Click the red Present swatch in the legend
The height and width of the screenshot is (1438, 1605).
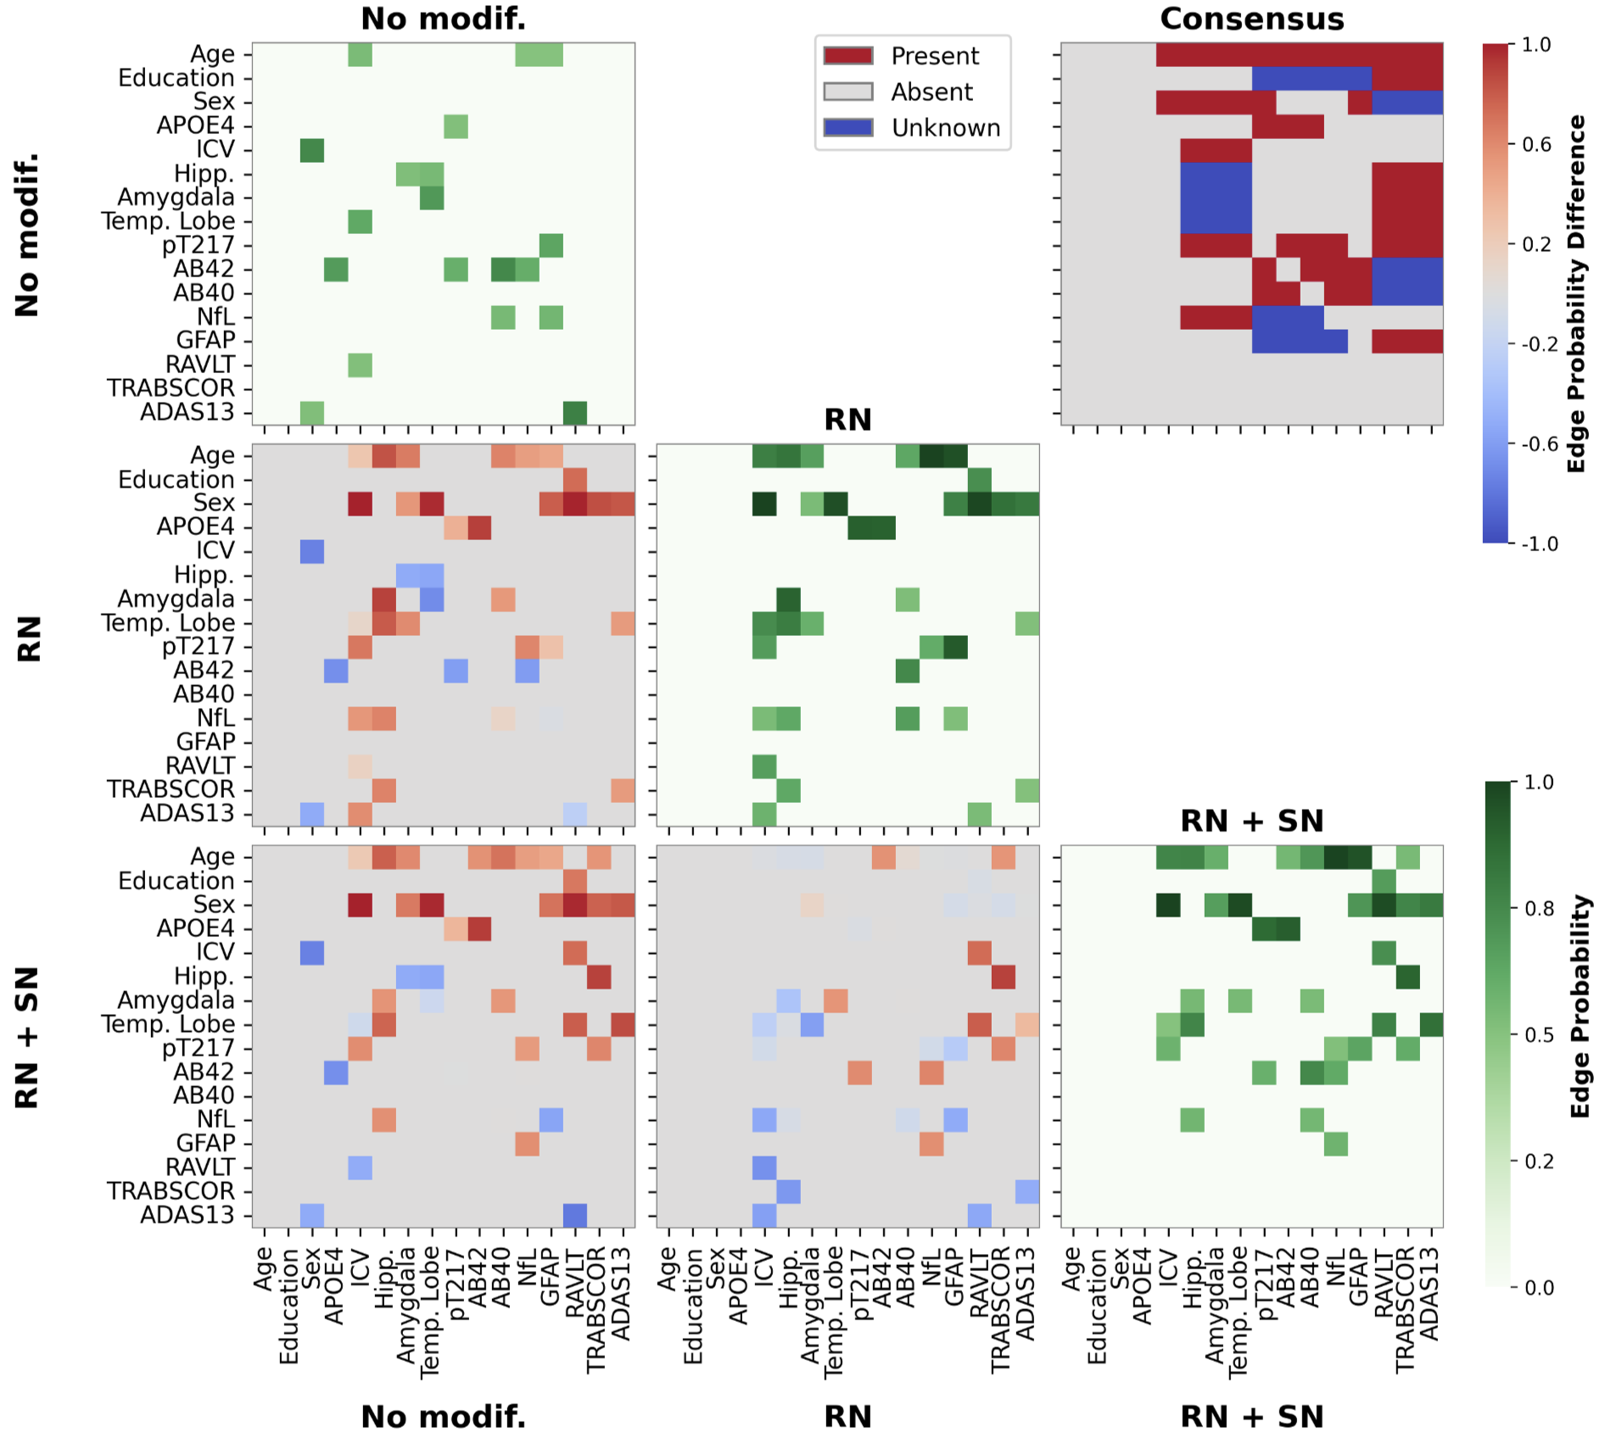pos(847,56)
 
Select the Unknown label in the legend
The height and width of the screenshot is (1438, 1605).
pos(945,128)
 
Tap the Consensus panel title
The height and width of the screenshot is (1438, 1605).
pos(1251,19)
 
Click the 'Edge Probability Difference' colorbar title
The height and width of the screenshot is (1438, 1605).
pos(1576,293)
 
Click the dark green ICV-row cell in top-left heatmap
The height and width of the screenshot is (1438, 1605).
pos(311,150)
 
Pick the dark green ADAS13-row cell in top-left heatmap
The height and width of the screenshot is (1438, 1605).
pos(574,413)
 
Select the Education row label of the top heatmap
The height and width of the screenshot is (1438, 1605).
pos(176,78)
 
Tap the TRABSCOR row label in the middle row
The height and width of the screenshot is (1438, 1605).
pos(171,789)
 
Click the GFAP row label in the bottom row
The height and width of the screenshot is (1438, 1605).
pos(204,1144)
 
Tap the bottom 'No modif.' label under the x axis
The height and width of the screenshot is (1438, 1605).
pos(443,1417)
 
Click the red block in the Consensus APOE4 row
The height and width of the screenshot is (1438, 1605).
pos(1287,126)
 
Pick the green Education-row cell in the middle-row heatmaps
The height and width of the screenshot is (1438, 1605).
pos(979,480)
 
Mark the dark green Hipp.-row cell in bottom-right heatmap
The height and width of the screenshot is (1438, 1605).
pos(1407,977)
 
